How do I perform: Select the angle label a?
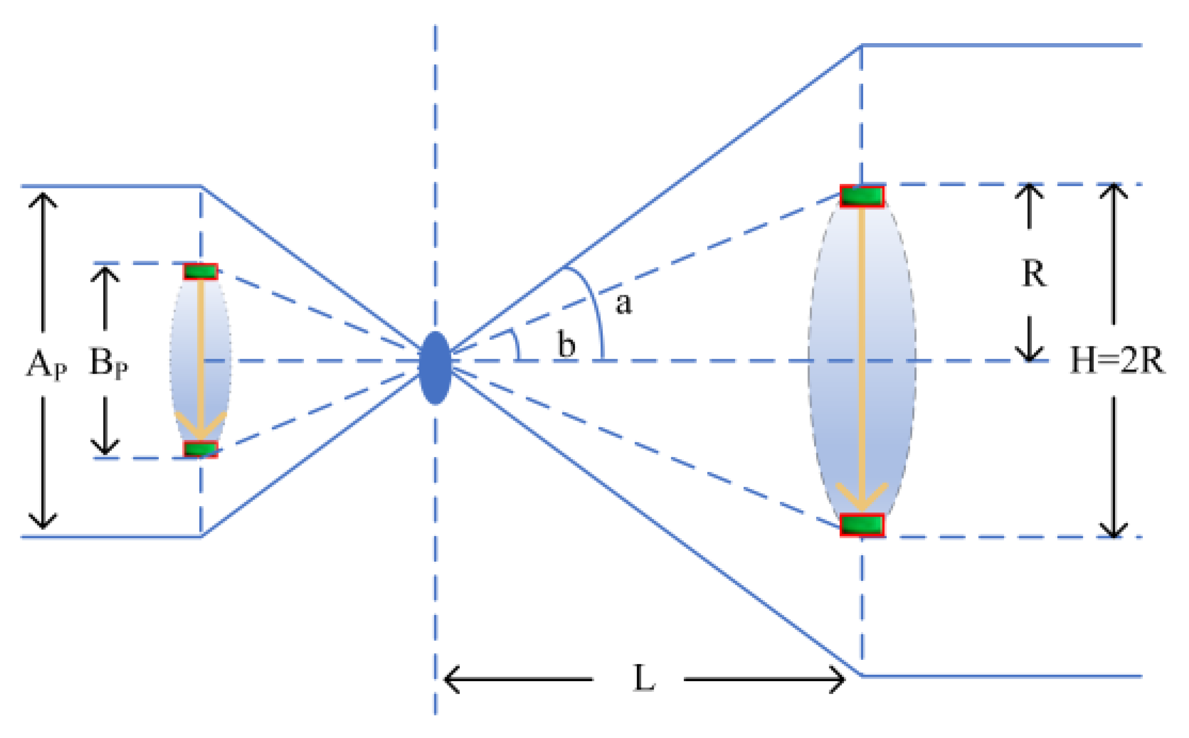pos(623,304)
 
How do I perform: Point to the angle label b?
pos(566,345)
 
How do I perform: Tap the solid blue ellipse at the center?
pos(435,368)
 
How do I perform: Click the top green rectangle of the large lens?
pos(861,196)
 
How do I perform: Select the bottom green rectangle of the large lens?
pos(861,525)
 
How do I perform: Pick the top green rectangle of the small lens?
pos(200,271)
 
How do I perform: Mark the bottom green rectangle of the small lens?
pos(200,448)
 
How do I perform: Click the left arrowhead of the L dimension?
pos(450,679)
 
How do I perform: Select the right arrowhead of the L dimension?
pos(838,679)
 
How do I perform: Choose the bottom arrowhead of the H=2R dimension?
pos(1113,530)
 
